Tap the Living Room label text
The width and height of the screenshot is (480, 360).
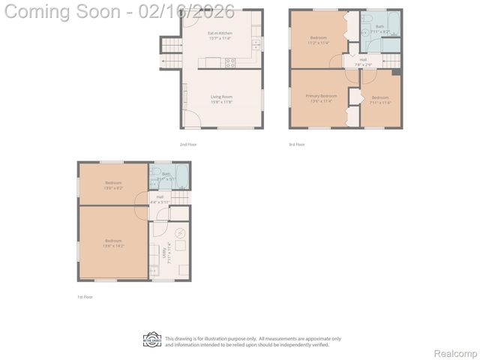click(221, 98)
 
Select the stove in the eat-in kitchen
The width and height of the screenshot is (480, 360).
click(230, 63)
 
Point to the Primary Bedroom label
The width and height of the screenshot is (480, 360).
click(321, 97)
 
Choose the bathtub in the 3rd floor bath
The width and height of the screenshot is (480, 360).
click(391, 44)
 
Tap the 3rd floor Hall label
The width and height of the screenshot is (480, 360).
click(363, 61)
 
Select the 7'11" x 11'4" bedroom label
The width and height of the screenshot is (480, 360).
click(380, 100)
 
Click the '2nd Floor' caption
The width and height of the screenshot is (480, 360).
click(187, 144)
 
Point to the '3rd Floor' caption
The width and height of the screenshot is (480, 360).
click(297, 144)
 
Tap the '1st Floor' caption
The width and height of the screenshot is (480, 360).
click(85, 297)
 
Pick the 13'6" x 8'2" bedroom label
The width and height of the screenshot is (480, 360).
click(113, 184)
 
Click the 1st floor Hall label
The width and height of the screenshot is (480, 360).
click(160, 199)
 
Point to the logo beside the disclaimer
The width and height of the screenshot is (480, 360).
click(152, 341)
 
